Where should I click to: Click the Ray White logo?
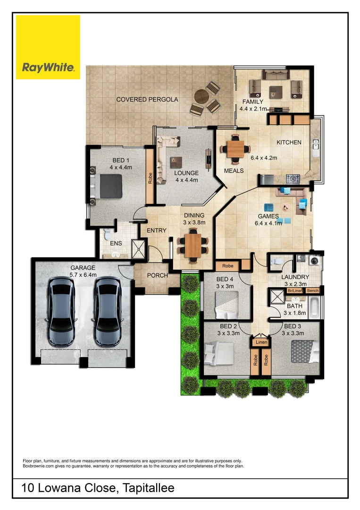coord(48,47)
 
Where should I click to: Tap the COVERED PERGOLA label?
coord(147,100)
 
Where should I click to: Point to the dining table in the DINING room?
coord(193,245)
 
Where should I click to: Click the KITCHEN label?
coord(289,142)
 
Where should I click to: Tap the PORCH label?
coord(157,275)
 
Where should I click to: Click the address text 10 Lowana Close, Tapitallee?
coord(98,488)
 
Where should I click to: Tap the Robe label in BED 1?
coord(150,178)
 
